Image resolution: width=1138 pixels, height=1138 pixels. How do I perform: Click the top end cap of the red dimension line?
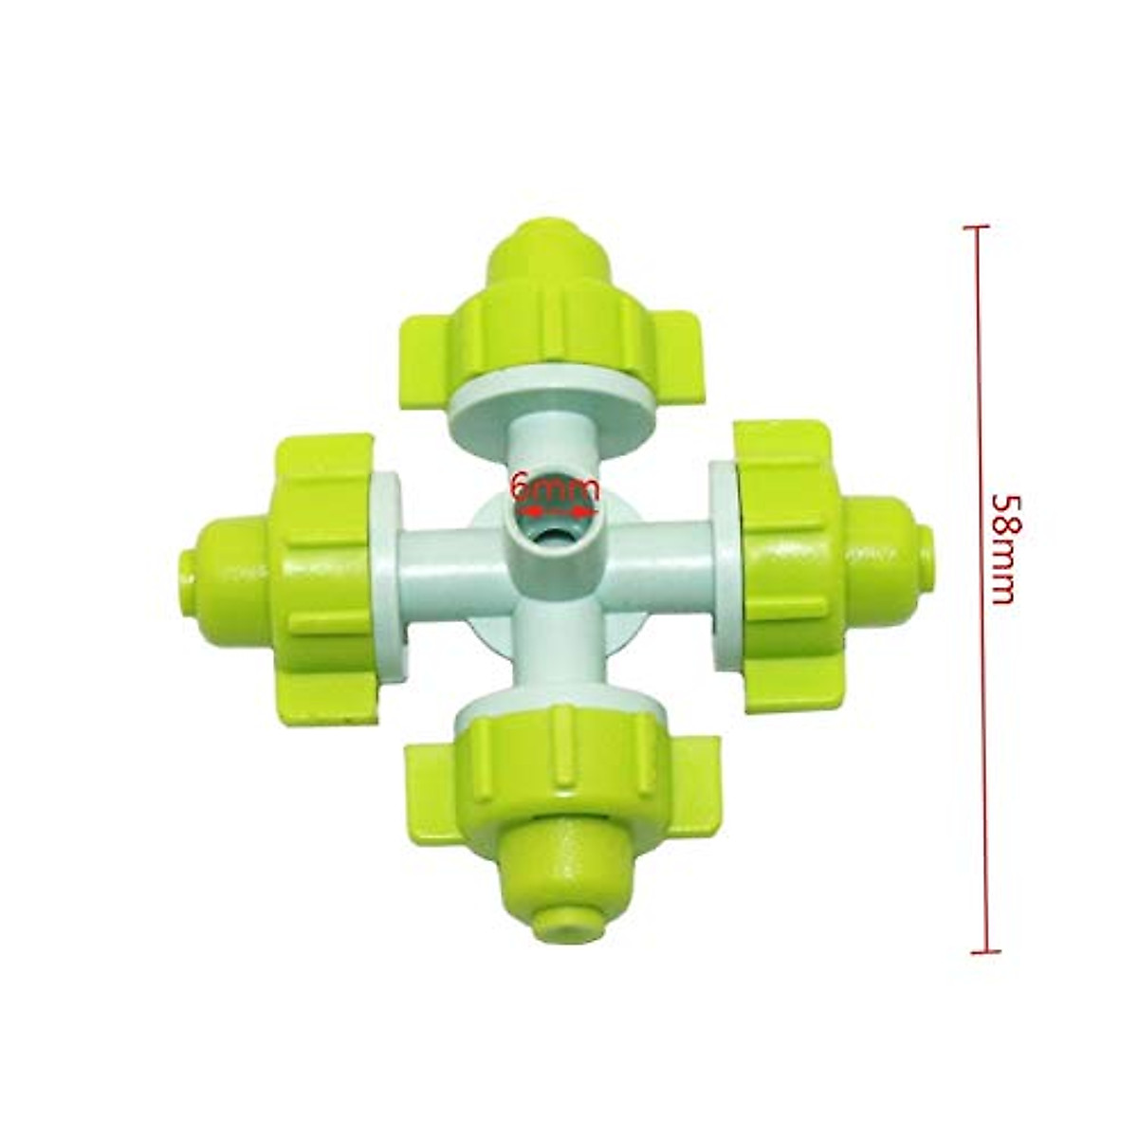976,228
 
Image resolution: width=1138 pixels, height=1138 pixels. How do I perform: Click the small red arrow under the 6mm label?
555,512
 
